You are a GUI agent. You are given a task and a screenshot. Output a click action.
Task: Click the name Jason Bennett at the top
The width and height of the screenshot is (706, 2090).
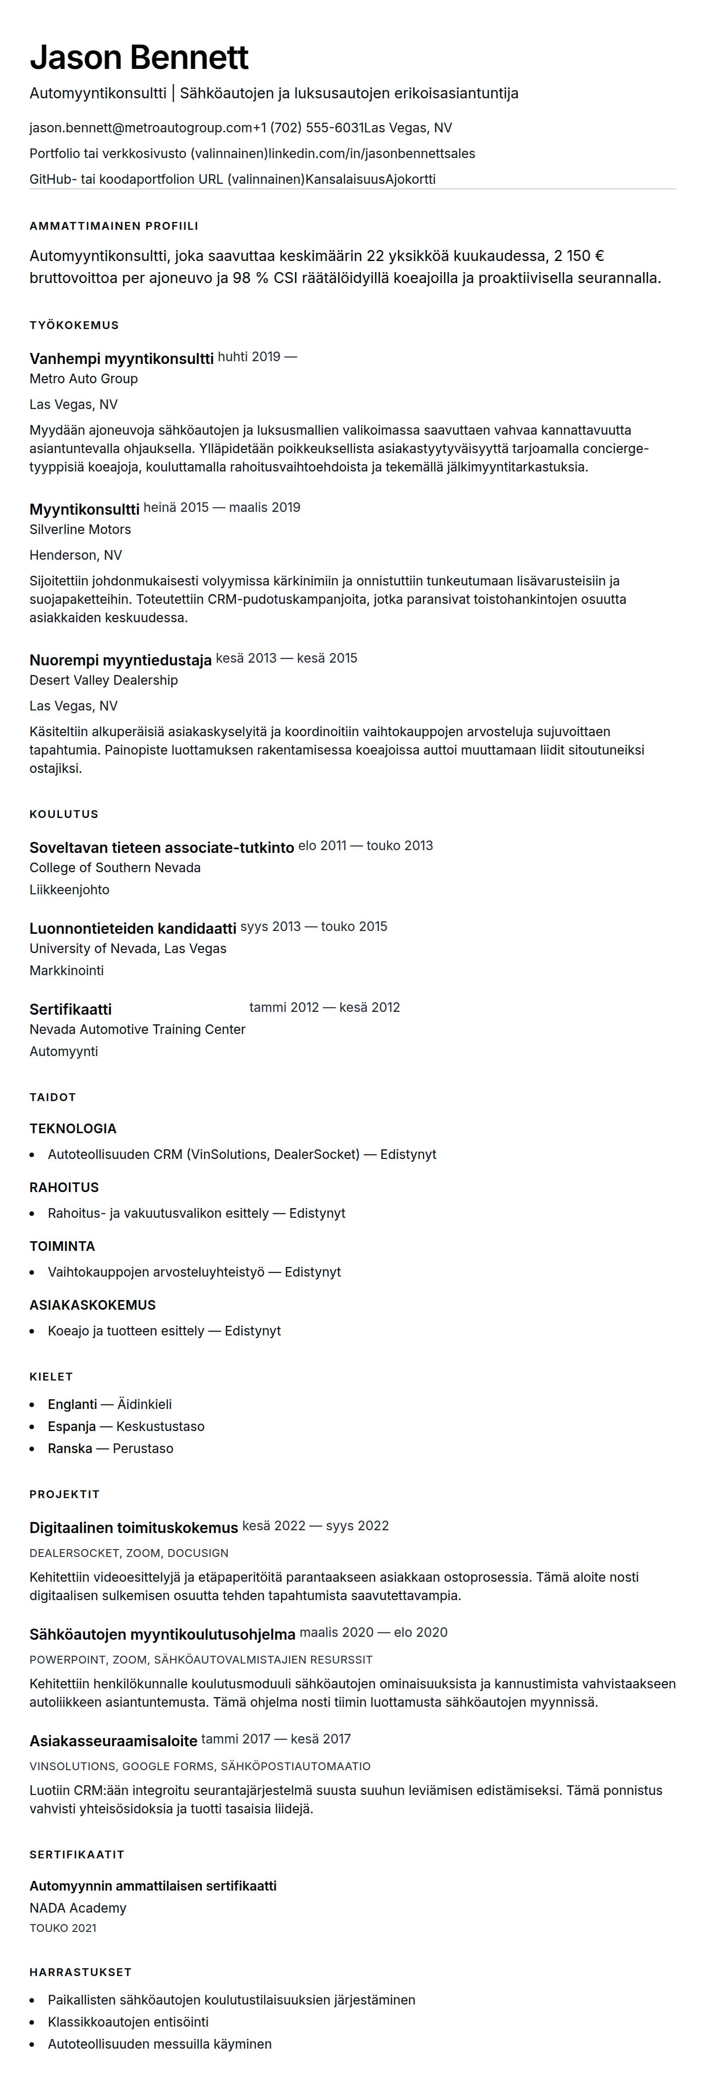point(139,57)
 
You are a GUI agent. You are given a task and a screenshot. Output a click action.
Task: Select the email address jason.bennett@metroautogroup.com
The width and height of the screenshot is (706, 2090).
point(140,128)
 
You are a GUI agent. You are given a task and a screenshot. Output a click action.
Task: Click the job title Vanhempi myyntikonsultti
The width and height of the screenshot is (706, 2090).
point(122,358)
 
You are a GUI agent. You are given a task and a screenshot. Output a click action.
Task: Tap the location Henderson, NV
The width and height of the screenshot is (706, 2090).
point(75,556)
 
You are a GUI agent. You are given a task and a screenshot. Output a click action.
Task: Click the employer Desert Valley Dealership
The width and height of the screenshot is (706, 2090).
point(104,681)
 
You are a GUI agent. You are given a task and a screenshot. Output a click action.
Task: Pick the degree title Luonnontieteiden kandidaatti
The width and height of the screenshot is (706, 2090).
point(133,928)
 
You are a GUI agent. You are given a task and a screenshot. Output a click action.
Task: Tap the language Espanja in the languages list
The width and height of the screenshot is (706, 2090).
point(71,1426)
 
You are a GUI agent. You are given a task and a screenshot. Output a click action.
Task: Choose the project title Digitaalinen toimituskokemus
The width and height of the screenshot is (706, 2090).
point(134,1528)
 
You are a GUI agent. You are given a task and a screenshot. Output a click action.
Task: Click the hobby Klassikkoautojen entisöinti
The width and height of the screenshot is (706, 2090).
point(128,2022)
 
